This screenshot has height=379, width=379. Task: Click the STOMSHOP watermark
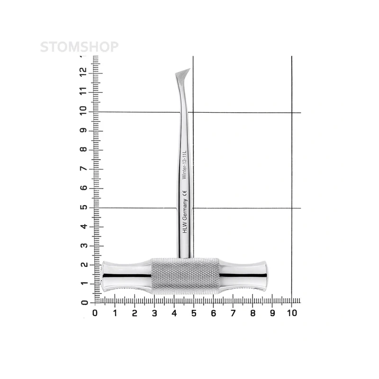click(x=79, y=47)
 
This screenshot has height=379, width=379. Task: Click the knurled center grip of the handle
click(x=185, y=276)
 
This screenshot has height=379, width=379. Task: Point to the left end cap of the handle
click(x=102, y=276)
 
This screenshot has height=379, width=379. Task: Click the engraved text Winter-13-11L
click(x=184, y=165)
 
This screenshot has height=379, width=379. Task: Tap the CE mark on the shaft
click(x=184, y=193)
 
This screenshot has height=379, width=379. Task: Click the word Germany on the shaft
click(x=185, y=209)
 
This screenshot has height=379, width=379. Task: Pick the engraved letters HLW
click(x=185, y=228)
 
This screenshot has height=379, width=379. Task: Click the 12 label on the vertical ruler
click(x=83, y=72)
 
